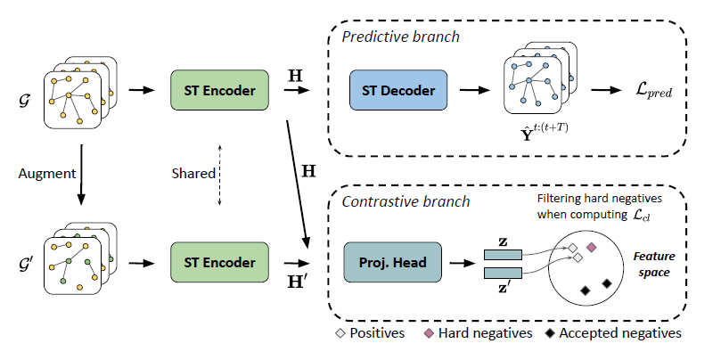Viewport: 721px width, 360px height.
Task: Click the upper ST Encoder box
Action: click(217, 91)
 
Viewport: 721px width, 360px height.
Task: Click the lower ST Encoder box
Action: click(217, 263)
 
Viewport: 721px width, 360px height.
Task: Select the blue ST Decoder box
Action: click(397, 91)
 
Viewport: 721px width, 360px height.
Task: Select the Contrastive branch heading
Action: click(406, 202)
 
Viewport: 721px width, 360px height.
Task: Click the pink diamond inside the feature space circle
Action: click(591, 245)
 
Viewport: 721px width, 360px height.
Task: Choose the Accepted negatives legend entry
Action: click(616, 333)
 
